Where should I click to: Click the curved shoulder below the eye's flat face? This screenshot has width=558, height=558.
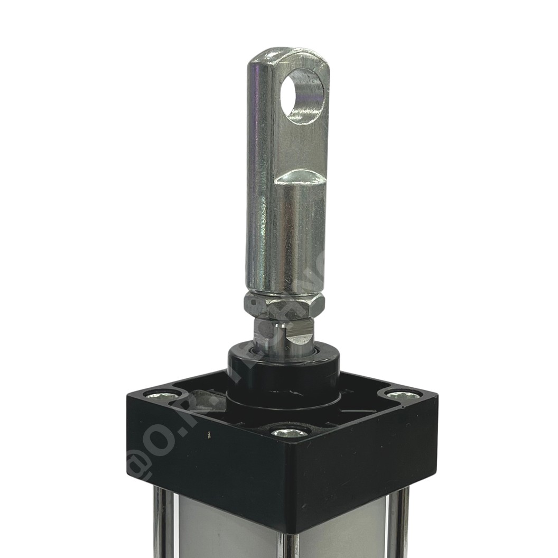[x=299, y=178]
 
